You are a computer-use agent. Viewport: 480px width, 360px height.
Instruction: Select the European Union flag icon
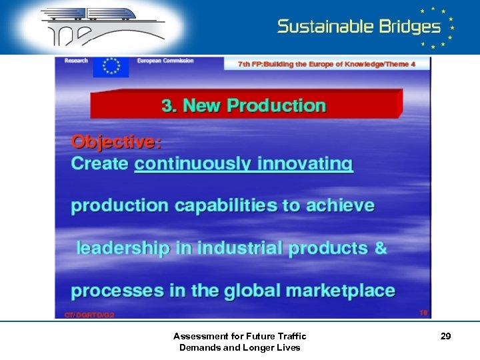click(x=111, y=67)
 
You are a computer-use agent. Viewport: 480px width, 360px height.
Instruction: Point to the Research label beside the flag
click(x=76, y=61)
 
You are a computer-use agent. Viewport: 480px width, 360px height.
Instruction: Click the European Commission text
click(x=165, y=61)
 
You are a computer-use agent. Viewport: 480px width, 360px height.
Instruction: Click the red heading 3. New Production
click(x=243, y=106)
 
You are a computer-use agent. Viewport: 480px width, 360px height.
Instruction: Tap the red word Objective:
click(x=116, y=142)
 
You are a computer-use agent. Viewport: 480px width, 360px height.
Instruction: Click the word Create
click(x=99, y=164)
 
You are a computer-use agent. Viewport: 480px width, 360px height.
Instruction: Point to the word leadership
click(x=123, y=249)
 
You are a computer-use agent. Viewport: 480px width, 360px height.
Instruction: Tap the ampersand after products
click(x=381, y=248)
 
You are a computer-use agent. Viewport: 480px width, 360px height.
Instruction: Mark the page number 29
click(x=445, y=337)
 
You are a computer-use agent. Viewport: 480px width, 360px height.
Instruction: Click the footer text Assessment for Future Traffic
click(x=239, y=337)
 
